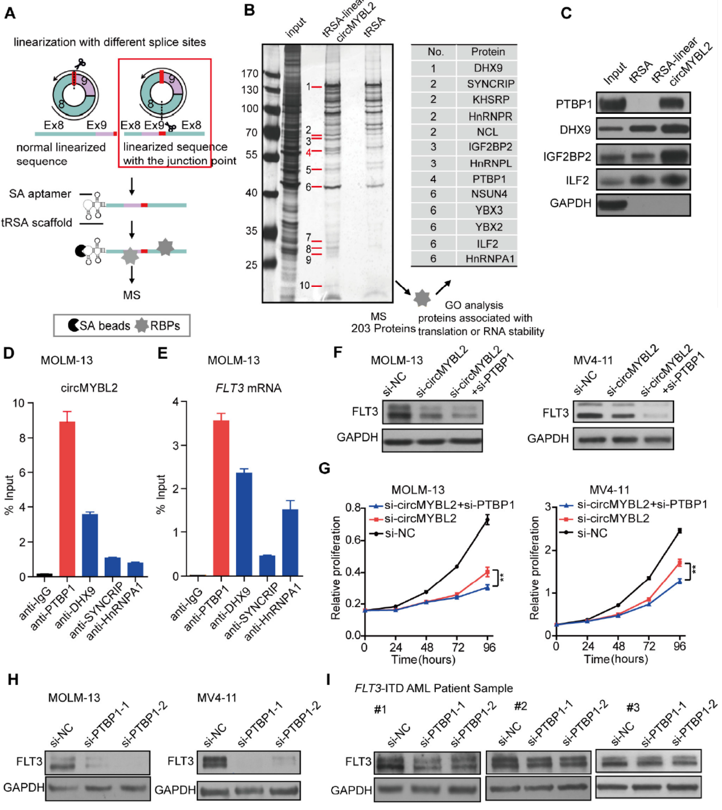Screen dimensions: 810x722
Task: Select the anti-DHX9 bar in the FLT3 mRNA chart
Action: pos(244,524)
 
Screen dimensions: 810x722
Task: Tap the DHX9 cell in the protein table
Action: pos(488,68)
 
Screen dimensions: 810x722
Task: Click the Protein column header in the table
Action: pos(488,52)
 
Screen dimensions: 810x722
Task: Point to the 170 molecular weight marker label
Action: pos(250,73)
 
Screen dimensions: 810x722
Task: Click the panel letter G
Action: pos(324,468)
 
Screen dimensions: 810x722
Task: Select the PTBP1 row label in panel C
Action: pos(574,104)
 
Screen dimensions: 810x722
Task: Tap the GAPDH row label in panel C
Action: pos(570,203)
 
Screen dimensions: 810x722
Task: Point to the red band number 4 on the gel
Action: pos(308,153)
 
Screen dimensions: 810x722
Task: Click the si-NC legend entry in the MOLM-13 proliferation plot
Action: pos(399,533)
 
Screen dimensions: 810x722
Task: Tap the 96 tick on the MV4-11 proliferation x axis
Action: pos(679,647)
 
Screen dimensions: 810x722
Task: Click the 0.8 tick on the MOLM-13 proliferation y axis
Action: pos(353,507)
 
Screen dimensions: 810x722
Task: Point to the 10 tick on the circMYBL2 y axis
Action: pos(19,404)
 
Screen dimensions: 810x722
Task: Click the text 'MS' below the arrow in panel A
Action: pos(131,295)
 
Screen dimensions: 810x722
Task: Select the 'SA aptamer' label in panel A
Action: pos(40,194)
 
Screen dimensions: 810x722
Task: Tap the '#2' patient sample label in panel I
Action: pos(520,706)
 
